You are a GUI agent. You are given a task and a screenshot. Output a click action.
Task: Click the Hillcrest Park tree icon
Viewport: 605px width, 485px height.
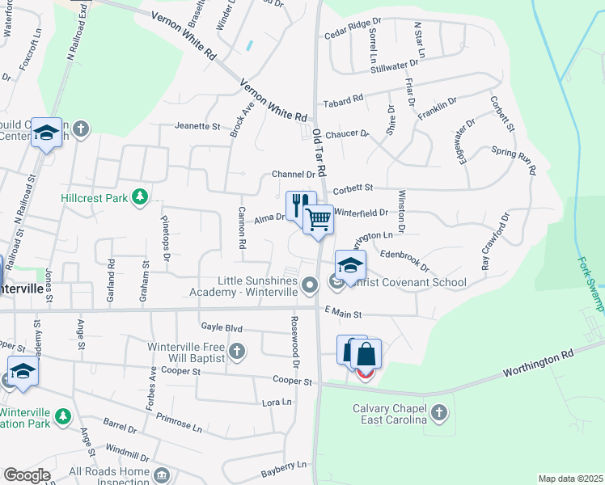[140, 196]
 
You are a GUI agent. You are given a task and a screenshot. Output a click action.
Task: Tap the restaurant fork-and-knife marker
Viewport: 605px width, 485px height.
[298, 204]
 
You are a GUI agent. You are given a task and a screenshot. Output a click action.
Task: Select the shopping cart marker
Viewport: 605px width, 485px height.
[319, 219]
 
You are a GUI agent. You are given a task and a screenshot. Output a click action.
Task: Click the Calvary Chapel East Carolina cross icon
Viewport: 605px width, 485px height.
[438, 414]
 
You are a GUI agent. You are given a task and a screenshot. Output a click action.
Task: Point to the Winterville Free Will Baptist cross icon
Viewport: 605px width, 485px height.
[236, 351]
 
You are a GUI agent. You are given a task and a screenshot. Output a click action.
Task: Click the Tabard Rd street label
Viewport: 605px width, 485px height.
[343, 102]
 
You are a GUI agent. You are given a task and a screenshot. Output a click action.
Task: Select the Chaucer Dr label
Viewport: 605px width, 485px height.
[347, 133]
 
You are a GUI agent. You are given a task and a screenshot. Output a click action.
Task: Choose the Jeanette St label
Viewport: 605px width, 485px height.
[197, 126]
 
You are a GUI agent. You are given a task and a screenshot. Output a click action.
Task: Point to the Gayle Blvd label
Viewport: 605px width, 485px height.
[221, 327]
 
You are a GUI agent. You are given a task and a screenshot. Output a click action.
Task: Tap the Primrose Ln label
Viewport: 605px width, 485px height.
[180, 424]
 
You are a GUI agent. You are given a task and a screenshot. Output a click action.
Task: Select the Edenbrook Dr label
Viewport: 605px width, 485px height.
[404, 259]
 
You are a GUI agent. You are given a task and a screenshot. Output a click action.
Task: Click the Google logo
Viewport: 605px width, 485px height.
[27, 475]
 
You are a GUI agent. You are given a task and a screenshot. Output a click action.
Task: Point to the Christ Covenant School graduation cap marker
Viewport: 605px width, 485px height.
[350, 265]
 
